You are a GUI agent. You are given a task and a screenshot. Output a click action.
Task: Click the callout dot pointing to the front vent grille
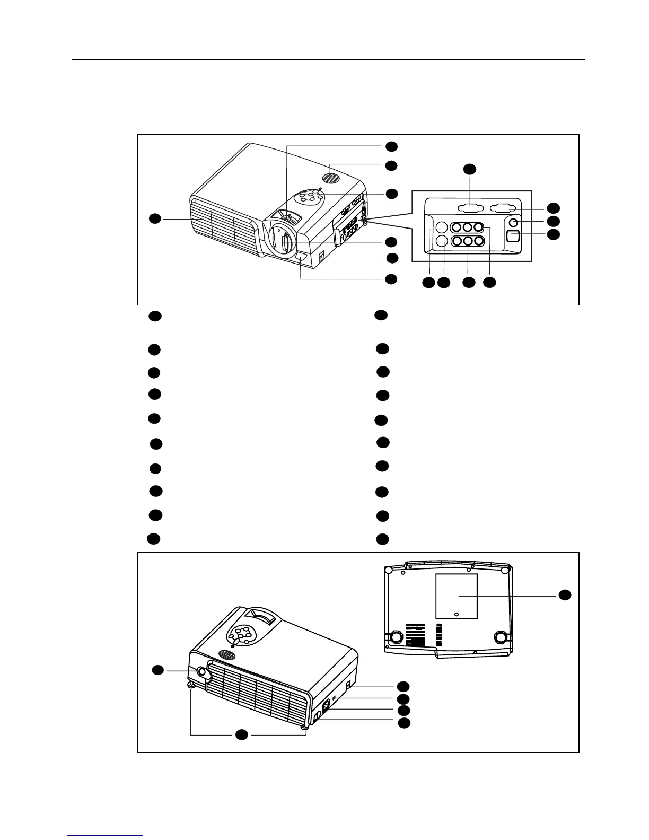(x=154, y=218)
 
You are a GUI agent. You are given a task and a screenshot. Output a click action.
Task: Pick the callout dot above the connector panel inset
(x=470, y=169)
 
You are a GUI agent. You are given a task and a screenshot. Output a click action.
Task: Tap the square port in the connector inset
(x=513, y=236)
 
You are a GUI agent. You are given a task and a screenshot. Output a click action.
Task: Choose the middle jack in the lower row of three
(x=467, y=240)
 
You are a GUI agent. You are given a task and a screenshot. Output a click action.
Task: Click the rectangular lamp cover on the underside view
(x=457, y=596)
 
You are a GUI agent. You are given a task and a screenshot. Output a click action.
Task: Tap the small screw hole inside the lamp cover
(x=457, y=614)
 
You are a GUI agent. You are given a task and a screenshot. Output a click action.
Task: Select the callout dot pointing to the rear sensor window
(x=157, y=671)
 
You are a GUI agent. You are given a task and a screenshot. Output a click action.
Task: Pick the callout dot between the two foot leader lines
(x=241, y=734)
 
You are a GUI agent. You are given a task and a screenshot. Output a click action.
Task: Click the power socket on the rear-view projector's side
(x=326, y=705)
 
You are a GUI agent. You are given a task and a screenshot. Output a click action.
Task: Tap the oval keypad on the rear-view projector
(x=242, y=634)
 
